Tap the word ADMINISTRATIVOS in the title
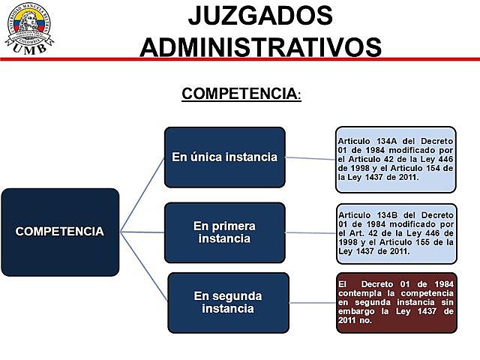[x=260, y=46]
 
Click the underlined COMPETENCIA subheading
[x=240, y=94]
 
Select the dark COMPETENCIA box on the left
[x=60, y=232]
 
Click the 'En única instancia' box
[x=225, y=157]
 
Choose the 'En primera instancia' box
[x=225, y=232]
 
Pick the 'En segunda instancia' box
[x=228, y=302]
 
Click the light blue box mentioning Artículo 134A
[x=395, y=159]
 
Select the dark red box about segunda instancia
[x=395, y=302]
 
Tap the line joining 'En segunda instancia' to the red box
[x=312, y=302]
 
